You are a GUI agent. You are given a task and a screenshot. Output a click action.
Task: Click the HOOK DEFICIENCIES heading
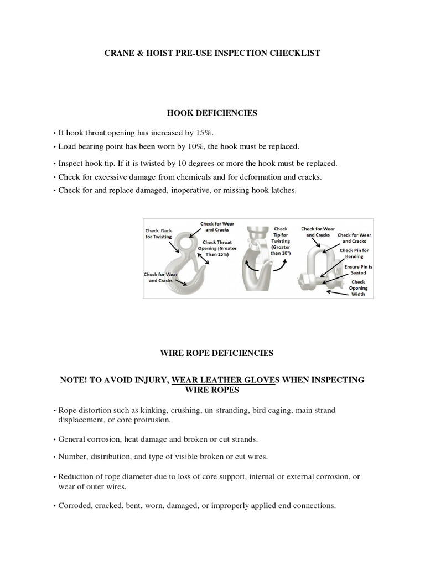[x=212, y=113]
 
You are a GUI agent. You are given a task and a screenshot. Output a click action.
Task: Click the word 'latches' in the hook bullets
[x=283, y=190]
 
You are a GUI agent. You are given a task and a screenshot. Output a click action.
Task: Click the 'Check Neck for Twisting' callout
[x=158, y=233]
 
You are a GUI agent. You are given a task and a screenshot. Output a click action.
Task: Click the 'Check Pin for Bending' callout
[x=355, y=253]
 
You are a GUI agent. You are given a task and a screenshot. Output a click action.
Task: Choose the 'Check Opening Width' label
[x=358, y=287]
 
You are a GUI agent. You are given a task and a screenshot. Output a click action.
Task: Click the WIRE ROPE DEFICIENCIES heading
[x=212, y=353]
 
